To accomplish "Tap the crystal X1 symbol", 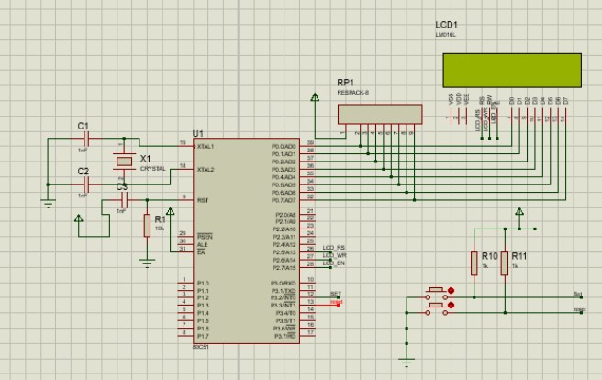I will point(124,162).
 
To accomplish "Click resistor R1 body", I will point(147,226).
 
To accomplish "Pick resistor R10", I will point(475,264).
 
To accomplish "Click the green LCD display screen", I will point(511,68).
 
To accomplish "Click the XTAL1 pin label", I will point(206,146).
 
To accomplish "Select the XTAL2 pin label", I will point(206,169).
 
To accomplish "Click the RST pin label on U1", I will point(202,198).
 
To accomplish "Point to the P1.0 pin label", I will point(203,283).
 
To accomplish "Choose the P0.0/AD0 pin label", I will point(283,146).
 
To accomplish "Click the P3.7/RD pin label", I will point(283,336).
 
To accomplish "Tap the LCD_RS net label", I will point(335,248).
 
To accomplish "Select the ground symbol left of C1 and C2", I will point(48,202).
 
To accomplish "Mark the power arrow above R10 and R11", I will point(518,213).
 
